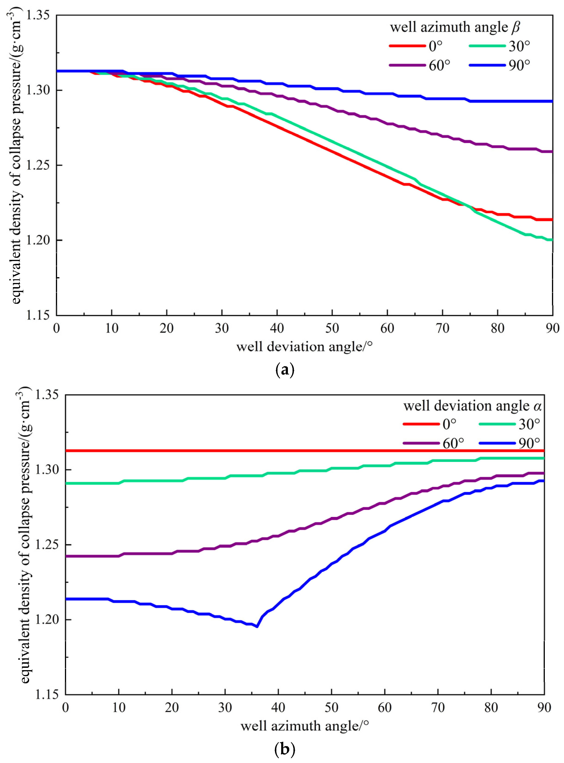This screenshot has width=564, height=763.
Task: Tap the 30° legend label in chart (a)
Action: point(519,46)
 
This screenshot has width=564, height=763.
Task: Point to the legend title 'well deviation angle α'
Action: point(473,406)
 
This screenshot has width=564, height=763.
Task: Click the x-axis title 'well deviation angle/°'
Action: point(304,347)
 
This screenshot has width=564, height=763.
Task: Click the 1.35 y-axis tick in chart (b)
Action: point(47,395)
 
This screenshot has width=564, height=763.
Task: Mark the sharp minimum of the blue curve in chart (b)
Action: point(257,626)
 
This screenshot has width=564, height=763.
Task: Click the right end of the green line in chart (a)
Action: point(552,240)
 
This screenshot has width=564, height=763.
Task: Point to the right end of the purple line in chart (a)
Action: point(552,152)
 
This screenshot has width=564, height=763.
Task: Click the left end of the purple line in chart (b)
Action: point(66,556)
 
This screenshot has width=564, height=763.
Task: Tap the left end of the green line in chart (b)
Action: point(66,483)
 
